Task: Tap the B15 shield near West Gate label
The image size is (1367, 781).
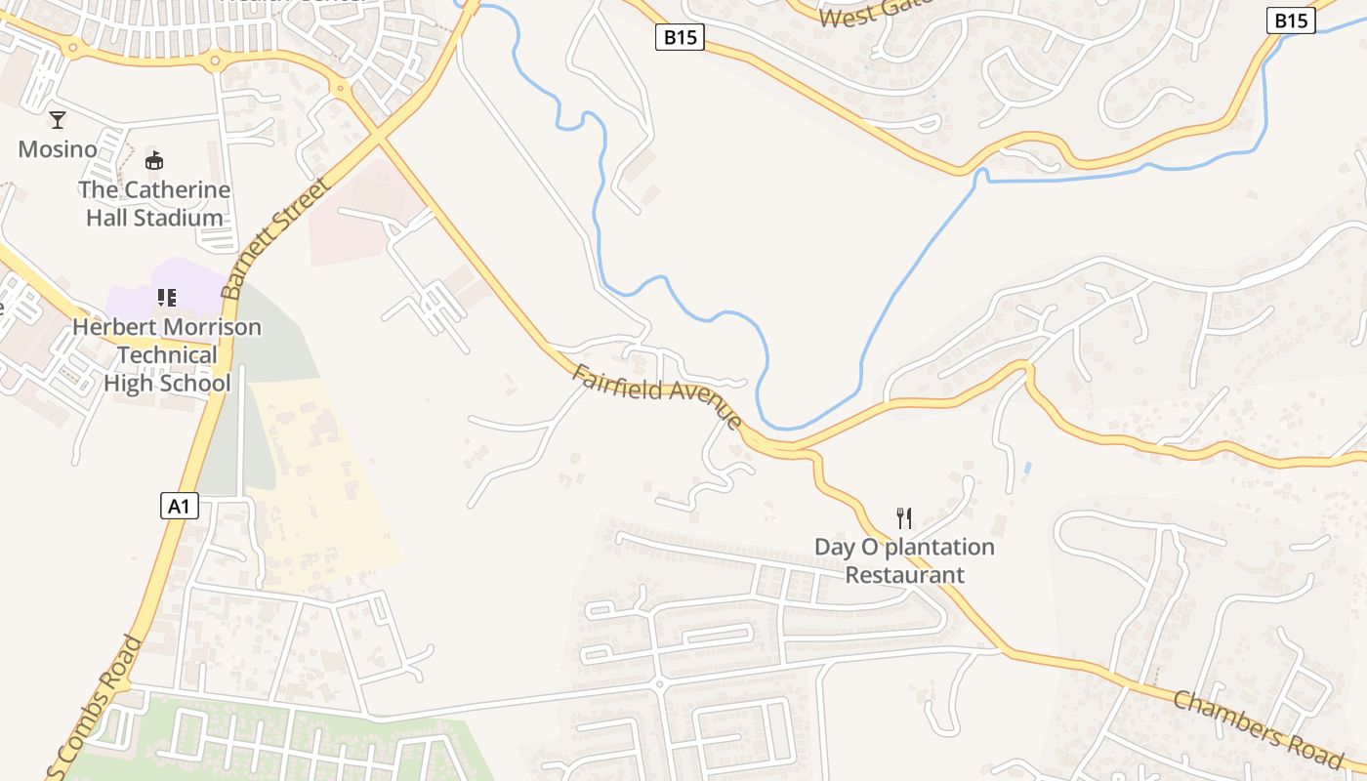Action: [680, 38]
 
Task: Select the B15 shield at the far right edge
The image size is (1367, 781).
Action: [1291, 21]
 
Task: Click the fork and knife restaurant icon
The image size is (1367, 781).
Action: [904, 517]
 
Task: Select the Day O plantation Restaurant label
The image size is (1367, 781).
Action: [904, 560]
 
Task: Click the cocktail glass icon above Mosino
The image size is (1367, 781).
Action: [58, 120]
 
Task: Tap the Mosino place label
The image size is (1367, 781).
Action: [58, 149]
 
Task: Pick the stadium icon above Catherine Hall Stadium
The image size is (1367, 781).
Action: [153, 161]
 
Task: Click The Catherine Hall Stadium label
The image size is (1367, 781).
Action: [154, 203]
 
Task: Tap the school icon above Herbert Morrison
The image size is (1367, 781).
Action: [167, 297]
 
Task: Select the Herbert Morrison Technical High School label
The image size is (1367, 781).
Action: [167, 354]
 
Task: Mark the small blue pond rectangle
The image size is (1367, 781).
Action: [1027, 469]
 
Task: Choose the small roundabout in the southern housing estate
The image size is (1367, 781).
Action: [659, 684]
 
